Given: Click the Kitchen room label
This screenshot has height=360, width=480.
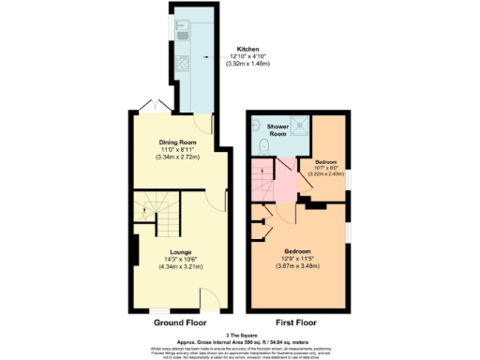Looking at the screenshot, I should click(x=247, y=48).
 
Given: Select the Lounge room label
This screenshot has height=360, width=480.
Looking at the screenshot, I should click(x=177, y=250).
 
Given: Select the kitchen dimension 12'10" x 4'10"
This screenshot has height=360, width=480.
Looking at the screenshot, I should click(x=247, y=55).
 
